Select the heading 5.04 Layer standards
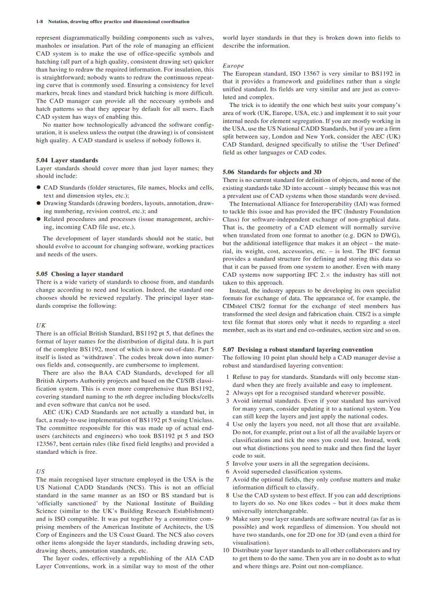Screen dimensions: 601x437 [67, 160]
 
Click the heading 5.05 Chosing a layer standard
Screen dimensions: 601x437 [79, 273]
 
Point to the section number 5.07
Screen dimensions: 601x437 [229, 349]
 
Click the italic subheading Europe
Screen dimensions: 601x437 [233, 65]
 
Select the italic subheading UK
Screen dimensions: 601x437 [41, 325]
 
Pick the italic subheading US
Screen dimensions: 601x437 [40, 471]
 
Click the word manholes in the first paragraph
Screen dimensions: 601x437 [49, 45]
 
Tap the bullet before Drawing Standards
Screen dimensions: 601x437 [39, 203]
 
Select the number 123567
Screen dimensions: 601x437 [48, 444]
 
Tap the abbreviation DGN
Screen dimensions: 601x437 [365, 235]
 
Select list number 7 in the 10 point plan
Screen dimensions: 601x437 [228, 480]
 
